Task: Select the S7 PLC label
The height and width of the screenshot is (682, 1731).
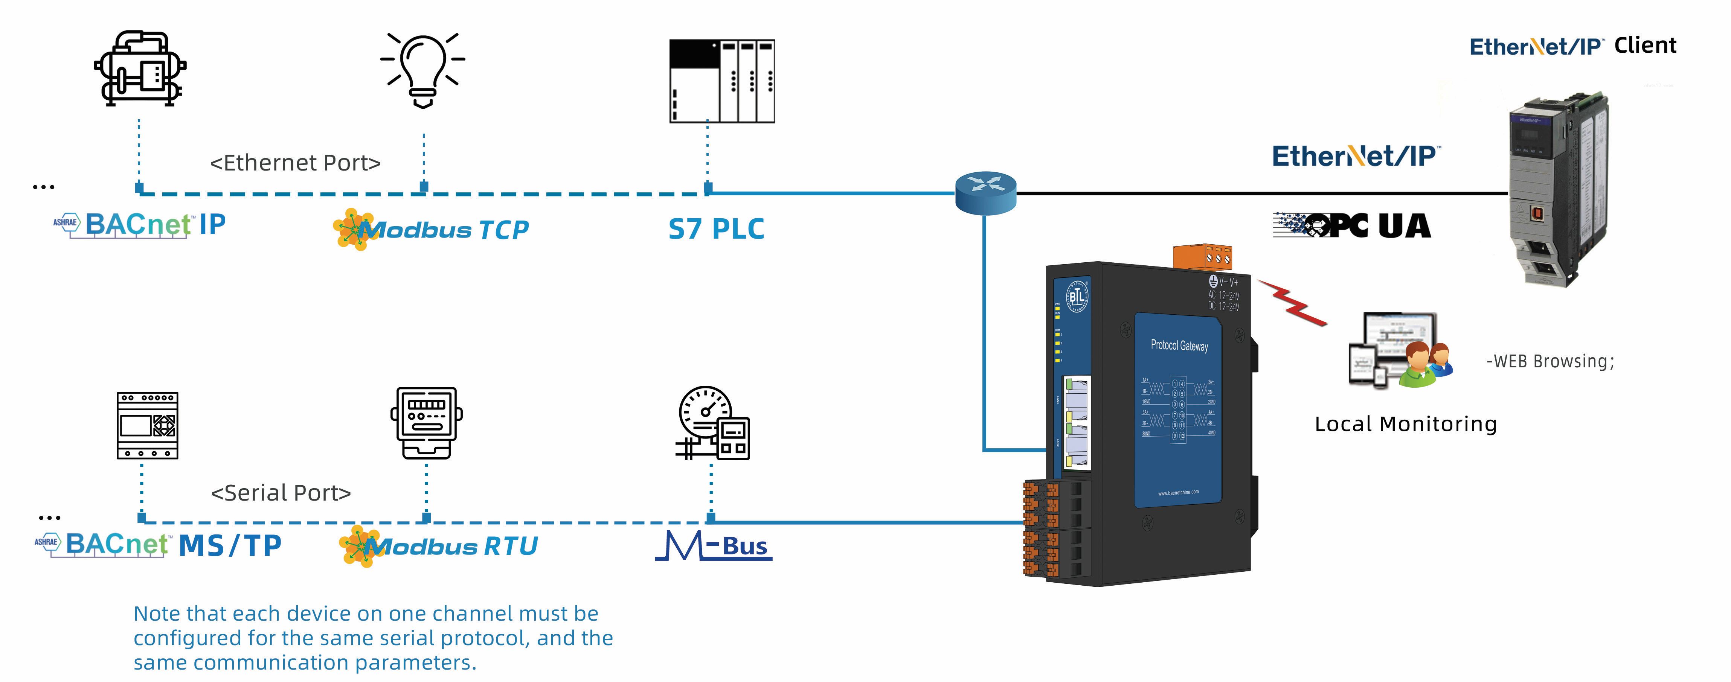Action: (x=716, y=229)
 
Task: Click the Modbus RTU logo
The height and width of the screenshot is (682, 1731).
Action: (x=439, y=546)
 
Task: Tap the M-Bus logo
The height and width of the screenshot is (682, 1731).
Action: (x=714, y=546)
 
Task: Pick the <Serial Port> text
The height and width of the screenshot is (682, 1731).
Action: (x=281, y=493)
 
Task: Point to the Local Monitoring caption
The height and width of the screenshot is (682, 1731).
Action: (x=1405, y=424)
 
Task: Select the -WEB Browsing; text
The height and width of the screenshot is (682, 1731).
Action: (x=1550, y=361)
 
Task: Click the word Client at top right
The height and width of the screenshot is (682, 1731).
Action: (x=1645, y=46)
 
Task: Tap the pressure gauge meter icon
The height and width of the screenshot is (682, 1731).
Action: (x=712, y=423)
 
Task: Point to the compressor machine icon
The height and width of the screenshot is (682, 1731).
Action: (x=140, y=69)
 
